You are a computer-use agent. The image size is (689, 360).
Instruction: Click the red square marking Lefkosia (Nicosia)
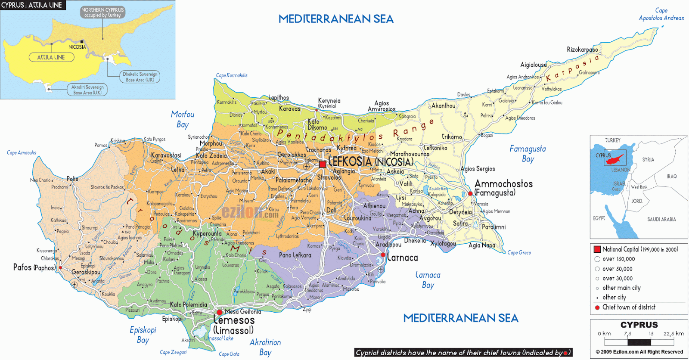click(322, 164)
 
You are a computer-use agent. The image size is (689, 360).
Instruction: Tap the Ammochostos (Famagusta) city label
click(503, 188)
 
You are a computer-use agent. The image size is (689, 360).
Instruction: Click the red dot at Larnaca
click(383, 255)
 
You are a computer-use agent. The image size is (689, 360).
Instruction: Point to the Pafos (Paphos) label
click(34, 267)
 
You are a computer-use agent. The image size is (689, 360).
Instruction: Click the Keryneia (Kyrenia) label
click(329, 102)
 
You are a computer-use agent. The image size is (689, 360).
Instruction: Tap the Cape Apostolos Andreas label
click(661, 14)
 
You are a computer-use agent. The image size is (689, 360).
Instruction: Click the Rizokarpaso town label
click(582, 50)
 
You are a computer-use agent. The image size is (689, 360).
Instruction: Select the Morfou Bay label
click(183, 119)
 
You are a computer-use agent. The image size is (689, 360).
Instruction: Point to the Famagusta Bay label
click(528, 153)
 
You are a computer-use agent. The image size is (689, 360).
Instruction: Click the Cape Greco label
click(519, 253)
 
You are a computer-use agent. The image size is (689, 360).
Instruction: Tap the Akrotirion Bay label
click(265, 347)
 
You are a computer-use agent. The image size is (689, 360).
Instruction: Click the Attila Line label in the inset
click(51, 57)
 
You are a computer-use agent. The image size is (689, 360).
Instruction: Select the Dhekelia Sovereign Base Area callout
click(140, 77)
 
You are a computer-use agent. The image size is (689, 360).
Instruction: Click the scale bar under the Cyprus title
click(639, 343)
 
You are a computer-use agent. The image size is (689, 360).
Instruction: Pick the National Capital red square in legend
click(597, 249)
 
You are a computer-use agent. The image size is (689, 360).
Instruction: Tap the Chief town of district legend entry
click(628, 307)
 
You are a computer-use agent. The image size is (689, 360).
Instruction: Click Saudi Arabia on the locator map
click(661, 219)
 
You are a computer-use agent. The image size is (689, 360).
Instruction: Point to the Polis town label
click(72, 179)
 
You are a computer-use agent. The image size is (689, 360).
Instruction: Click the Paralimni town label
click(493, 227)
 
